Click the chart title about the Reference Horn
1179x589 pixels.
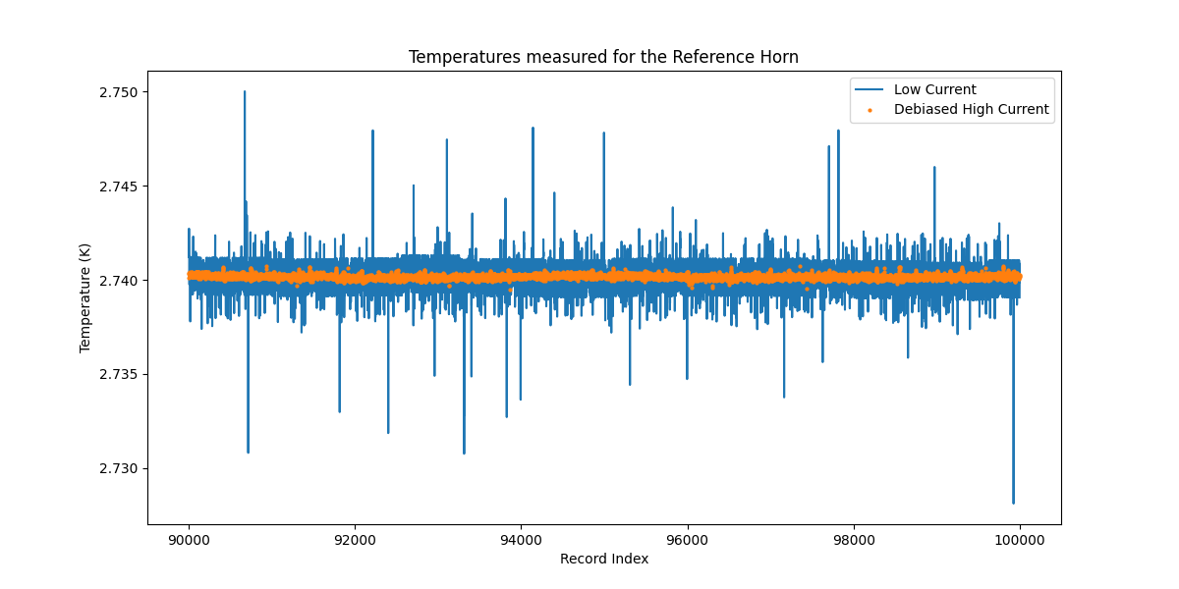603,57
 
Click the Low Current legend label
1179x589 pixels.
934,89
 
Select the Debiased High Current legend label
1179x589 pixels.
971,109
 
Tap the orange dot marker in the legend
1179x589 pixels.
870,110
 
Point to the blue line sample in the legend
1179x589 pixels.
870,90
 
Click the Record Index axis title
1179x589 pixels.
603,559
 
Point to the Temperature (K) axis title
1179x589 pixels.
85,297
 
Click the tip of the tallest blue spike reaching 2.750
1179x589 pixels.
245,92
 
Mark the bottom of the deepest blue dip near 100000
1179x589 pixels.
1013,503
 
